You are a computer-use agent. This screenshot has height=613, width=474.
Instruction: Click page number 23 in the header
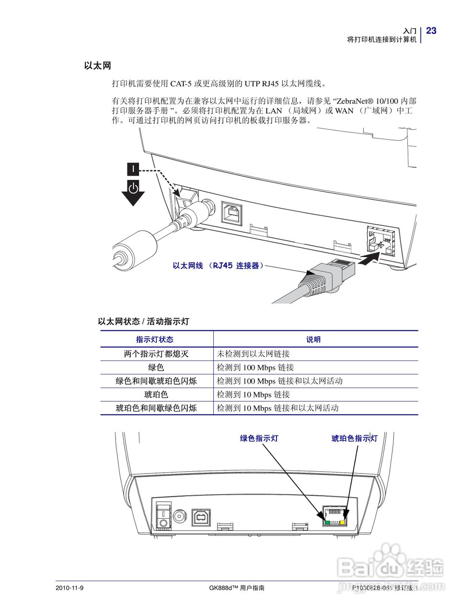click(431, 31)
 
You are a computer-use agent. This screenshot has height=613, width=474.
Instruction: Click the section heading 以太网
click(97, 66)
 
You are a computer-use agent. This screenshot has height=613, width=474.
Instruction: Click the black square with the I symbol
click(133, 169)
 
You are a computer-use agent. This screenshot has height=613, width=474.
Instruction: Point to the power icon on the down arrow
click(133, 188)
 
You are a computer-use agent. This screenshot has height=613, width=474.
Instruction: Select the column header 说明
click(313, 340)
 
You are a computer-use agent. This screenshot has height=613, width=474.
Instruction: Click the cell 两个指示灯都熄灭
click(156, 354)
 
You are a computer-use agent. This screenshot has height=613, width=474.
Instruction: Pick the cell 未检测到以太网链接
click(253, 354)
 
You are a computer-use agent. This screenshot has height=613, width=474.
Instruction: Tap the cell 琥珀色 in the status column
click(156, 395)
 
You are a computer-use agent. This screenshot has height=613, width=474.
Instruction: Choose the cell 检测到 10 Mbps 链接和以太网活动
click(277, 408)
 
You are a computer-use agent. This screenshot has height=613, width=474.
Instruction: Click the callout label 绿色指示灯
click(259, 438)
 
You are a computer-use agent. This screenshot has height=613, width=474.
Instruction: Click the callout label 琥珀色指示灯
click(355, 438)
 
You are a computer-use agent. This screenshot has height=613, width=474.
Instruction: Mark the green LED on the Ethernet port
click(327, 522)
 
